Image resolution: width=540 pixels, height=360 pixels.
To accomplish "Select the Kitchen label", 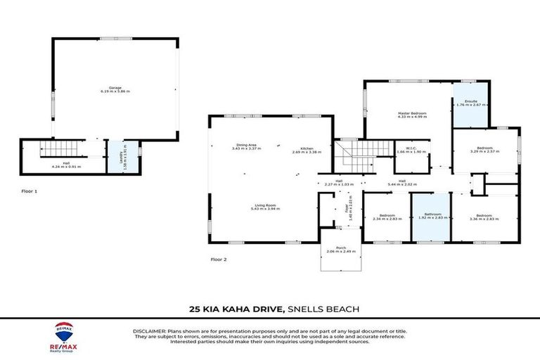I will click(307, 150).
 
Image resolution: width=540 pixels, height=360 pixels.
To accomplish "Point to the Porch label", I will click(340, 250).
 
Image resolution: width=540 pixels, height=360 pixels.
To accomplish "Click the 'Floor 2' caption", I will click(219, 259).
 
